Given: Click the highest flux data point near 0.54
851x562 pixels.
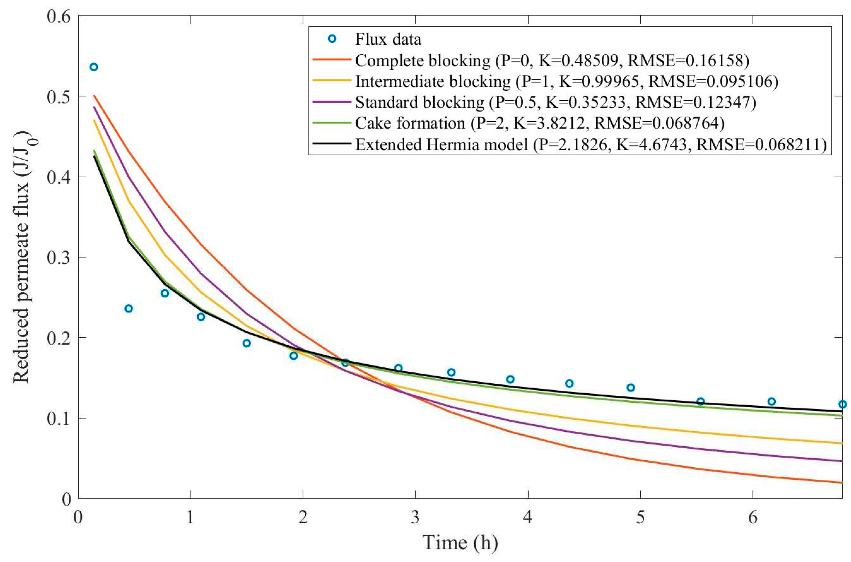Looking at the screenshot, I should pyautogui.click(x=94, y=67).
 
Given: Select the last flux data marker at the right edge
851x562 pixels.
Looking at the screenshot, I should pyautogui.click(x=842, y=404).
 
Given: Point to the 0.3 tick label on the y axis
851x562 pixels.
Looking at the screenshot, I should pyautogui.click(x=59, y=257).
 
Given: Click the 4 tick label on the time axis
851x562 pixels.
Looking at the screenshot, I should pyautogui.click(x=528, y=517).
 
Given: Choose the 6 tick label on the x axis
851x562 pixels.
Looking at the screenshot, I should pyautogui.click(x=753, y=517).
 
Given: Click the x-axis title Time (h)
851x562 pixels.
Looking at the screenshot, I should pyautogui.click(x=460, y=542).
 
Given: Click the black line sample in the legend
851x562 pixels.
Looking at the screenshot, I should pyautogui.click(x=331, y=144).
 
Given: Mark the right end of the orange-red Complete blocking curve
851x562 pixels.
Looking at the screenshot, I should pyautogui.click(x=841, y=482).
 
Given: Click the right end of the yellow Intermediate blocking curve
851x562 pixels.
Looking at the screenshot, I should pyautogui.click(x=841, y=443).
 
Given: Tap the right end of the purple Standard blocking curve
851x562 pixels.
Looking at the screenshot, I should pyautogui.click(x=841, y=461).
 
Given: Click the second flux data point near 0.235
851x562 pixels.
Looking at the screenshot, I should pyautogui.click(x=129, y=309).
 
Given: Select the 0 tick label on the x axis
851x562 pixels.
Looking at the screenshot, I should pyautogui.click(x=78, y=517).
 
